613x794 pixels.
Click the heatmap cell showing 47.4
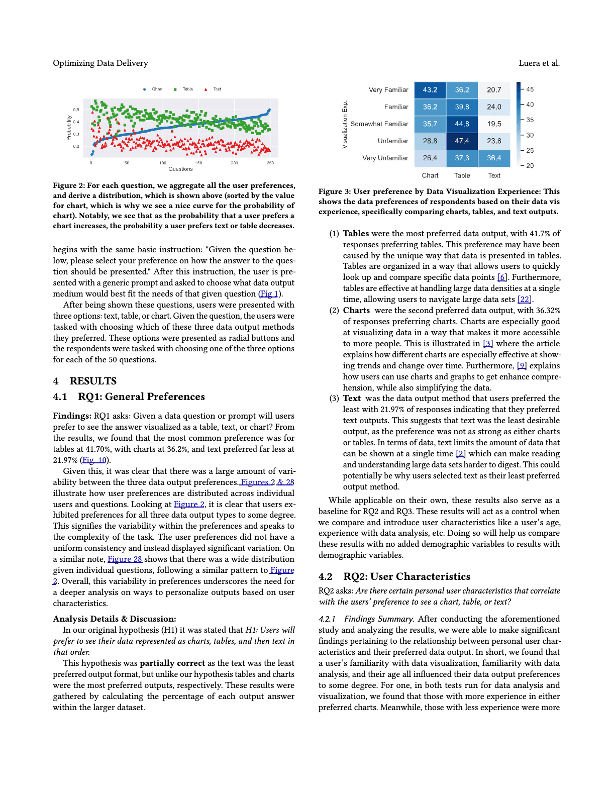pyautogui.click(x=462, y=141)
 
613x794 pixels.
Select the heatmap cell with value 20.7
pyautogui.click(x=494, y=90)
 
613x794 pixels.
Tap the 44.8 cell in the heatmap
pyautogui.click(x=462, y=124)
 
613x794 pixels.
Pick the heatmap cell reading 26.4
pyautogui.click(x=430, y=158)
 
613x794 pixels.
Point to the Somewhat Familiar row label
pyautogui.click(x=379, y=124)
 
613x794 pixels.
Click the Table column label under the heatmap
pyautogui.click(x=462, y=175)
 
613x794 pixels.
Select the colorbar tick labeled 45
pyautogui.click(x=530, y=89)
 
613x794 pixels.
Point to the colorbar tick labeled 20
pyautogui.click(x=530, y=166)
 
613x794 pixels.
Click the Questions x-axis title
pyautogui.click(x=180, y=169)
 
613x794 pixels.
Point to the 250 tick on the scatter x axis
pyautogui.click(x=270, y=163)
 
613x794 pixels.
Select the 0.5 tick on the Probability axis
pyautogui.click(x=76, y=110)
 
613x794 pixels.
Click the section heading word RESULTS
pyautogui.click(x=93, y=381)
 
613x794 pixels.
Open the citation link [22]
pyautogui.click(x=524, y=300)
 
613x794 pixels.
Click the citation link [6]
pyautogui.click(x=502, y=277)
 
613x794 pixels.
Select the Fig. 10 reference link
pyautogui.click(x=94, y=460)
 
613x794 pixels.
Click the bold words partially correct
pyautogui.click(x=172, y=663)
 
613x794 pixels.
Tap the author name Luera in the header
pyautogui.click(x=529, y=63)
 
